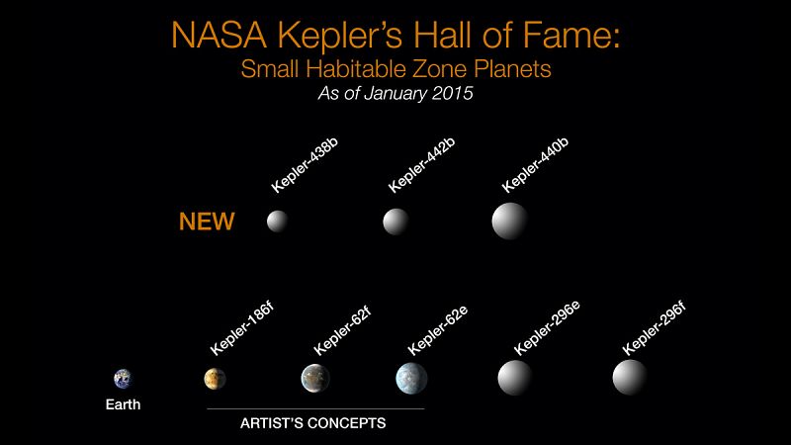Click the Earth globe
pyautogui.click(x=123, y=378)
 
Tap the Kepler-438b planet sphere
pyautogui.click(x=278, y=222)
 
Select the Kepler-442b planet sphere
pyautogui.click(x=395, y=222)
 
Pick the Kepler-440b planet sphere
pyautogui.click(x=510, y=220)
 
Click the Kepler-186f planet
pyautogui.click(x=215, y=378)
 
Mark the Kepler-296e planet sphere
pyautogui.click(x=515, y=377)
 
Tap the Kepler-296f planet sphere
pyautogui.click(x=629, y=377)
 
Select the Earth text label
pyautogui.click(x=123, y=403)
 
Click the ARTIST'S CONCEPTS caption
pyautogui.click(x=313, y=423)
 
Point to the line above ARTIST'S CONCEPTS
pyautogui.click(x=314, y=408)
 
